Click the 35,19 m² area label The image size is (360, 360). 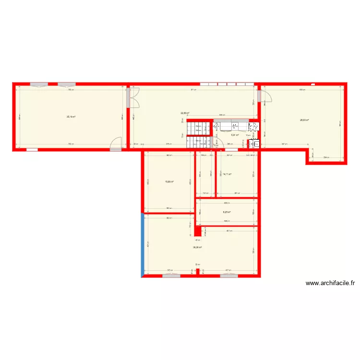[x=71, y=117]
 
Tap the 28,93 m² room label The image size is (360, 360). [x=304, y=120]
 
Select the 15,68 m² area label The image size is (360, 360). [x=169, y=181]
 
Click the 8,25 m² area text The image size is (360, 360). [x=227, y=212]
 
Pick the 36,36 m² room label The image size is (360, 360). [x=197, y=248]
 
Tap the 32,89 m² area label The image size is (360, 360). [x=185, y=113]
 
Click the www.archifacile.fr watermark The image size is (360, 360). [x=330, y=284]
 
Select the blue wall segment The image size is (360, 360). [x=143, y=245]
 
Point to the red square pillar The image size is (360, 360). [x=197, y=230]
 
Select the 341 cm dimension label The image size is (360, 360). [x=284, y=144]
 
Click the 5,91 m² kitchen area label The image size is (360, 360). [x=235, y=135]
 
